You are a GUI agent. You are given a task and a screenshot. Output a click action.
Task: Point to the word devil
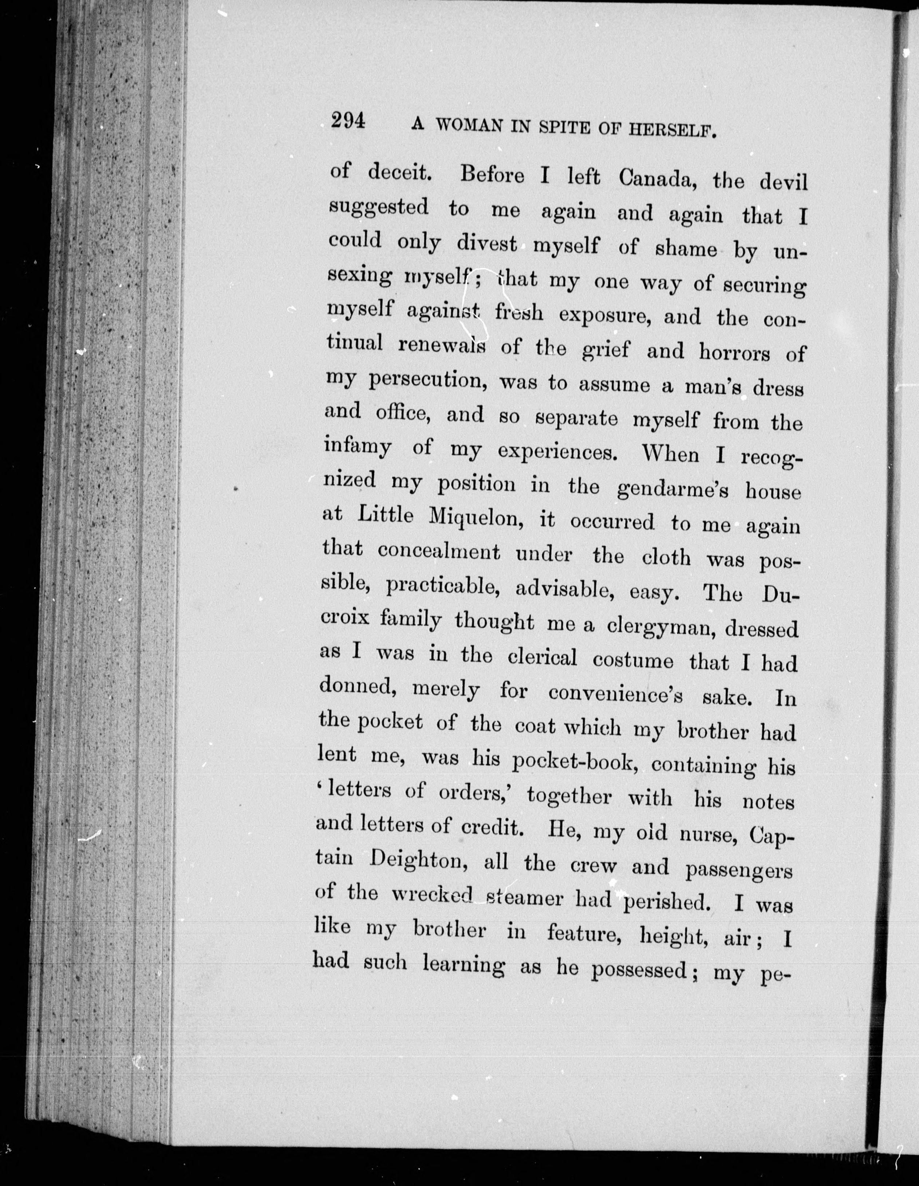tap(783, 181)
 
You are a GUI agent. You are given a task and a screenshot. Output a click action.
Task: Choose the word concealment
tap(439, 552)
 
